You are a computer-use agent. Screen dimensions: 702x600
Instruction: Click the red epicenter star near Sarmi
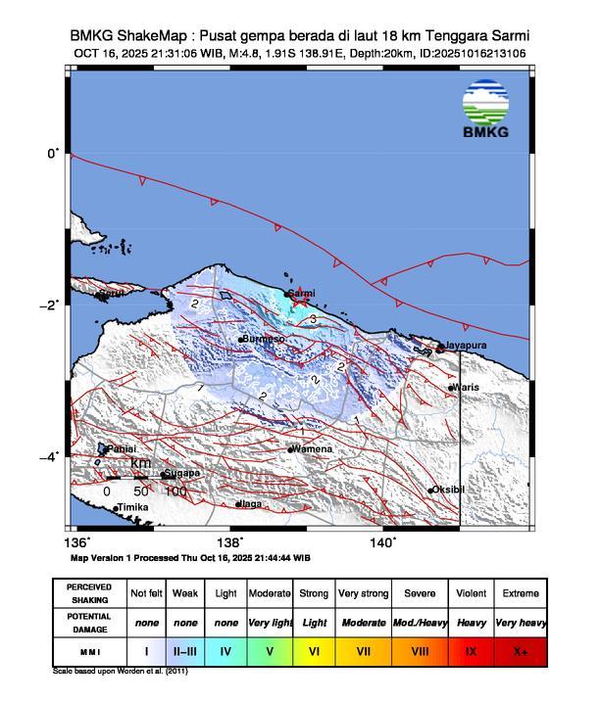click(300, 303)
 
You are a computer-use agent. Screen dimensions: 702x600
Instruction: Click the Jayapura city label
click(466, 346)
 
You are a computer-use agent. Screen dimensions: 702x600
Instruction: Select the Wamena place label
click(313, 449)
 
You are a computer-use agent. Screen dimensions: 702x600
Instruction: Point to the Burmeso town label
click(264, 339)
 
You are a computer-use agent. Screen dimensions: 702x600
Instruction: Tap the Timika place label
click(132, 507)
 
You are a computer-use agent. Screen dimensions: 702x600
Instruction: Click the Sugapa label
click(183, 473)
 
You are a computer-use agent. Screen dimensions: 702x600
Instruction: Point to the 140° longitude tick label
click(382, 541)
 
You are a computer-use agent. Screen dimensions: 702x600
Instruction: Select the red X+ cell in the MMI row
click(520, 650)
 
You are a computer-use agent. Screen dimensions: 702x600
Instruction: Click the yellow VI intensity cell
click(315, 650)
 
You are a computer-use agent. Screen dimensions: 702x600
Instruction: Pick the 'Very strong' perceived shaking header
click(364, 593)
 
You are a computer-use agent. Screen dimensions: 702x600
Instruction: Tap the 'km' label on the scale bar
click(141, 463)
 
